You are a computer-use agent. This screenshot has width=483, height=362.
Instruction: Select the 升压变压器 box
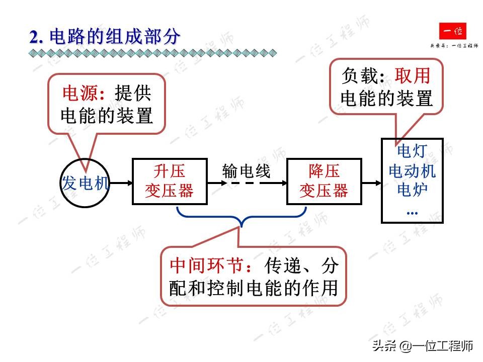coord(170,182)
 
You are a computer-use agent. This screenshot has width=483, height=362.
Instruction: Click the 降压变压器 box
coord(324,182)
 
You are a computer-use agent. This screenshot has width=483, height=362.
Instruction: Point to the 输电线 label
coord(247,171)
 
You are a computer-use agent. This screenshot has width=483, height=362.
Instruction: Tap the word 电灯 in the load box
coord(412,151)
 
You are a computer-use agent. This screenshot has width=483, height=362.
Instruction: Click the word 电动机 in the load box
coord(412,171)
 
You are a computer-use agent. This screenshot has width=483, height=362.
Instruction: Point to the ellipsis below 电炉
coord(412,211)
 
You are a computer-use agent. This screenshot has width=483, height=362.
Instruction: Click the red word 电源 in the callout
coord(77,94)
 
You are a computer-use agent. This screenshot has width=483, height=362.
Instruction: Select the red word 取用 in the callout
coord(413,76)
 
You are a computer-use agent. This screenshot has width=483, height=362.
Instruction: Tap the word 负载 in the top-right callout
coord(359,76)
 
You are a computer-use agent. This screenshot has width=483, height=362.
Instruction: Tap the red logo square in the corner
coord(452,32)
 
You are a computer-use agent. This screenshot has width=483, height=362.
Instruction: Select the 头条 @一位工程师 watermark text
coord(422,346)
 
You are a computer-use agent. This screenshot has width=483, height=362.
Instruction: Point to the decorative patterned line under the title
coord(151,52)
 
